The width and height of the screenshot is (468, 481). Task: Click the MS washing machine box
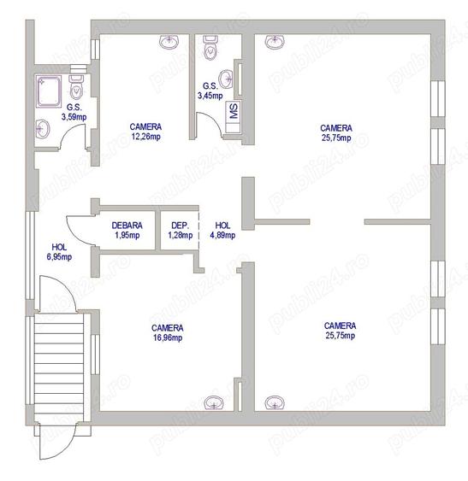point(232,111)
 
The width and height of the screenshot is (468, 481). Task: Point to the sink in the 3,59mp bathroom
point(44,130)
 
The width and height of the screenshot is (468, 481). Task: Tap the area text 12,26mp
point(145,136)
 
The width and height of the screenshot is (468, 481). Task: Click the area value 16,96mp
point(168,337)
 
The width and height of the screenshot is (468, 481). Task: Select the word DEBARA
point(127,226)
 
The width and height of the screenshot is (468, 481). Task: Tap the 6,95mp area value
point(59,255)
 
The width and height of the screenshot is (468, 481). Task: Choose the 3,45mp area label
point(210,96)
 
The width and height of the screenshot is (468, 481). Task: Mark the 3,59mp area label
point(74,116)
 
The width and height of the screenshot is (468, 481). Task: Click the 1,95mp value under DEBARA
point(127,235)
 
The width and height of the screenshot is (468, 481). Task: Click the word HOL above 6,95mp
point(59,246)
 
